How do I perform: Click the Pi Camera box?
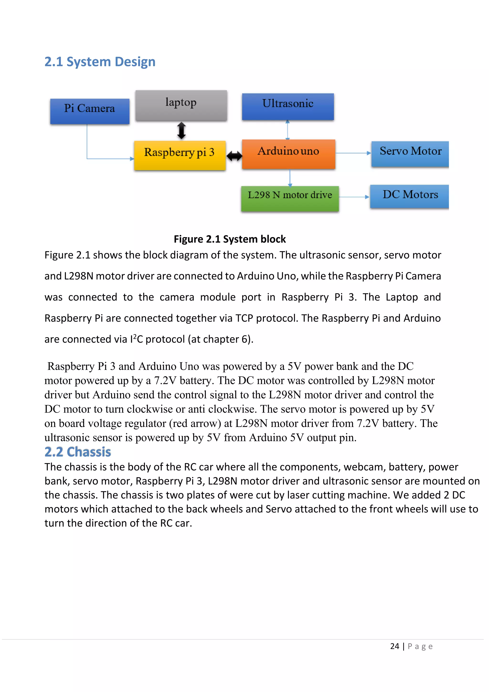pyautogui.click(x=90, y=111)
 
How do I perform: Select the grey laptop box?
pyautogui.click(x=181, y=105)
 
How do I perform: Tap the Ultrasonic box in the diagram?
pyautogui.click(x=288, y=106)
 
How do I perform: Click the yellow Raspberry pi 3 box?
pyautogui.click(x=180, y=155)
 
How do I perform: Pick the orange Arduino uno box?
pyautogui.click(x=288, y=154)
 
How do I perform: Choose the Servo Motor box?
pyautogui.click(x=410, y=154)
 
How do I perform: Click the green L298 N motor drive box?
pyautogui.click(x=290, y=198)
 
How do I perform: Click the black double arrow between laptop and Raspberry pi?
pyautogui.click(x=181, y=131)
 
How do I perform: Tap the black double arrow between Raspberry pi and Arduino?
pyautogui.click(x=234, y=156)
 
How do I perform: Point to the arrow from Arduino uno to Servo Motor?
pyautogui.click(x=353, y=153)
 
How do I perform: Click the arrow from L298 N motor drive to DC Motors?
pyautogui.click(x=354, y=197)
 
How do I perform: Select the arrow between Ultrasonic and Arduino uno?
pyautogui.click(x=287, y=130)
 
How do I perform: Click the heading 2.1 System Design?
pyautogui.click(x=100, y=62)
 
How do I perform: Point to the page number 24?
pyautogui.click(x=394, y=646)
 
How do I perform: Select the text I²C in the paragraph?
pyautogui.click(x=136, y=339)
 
